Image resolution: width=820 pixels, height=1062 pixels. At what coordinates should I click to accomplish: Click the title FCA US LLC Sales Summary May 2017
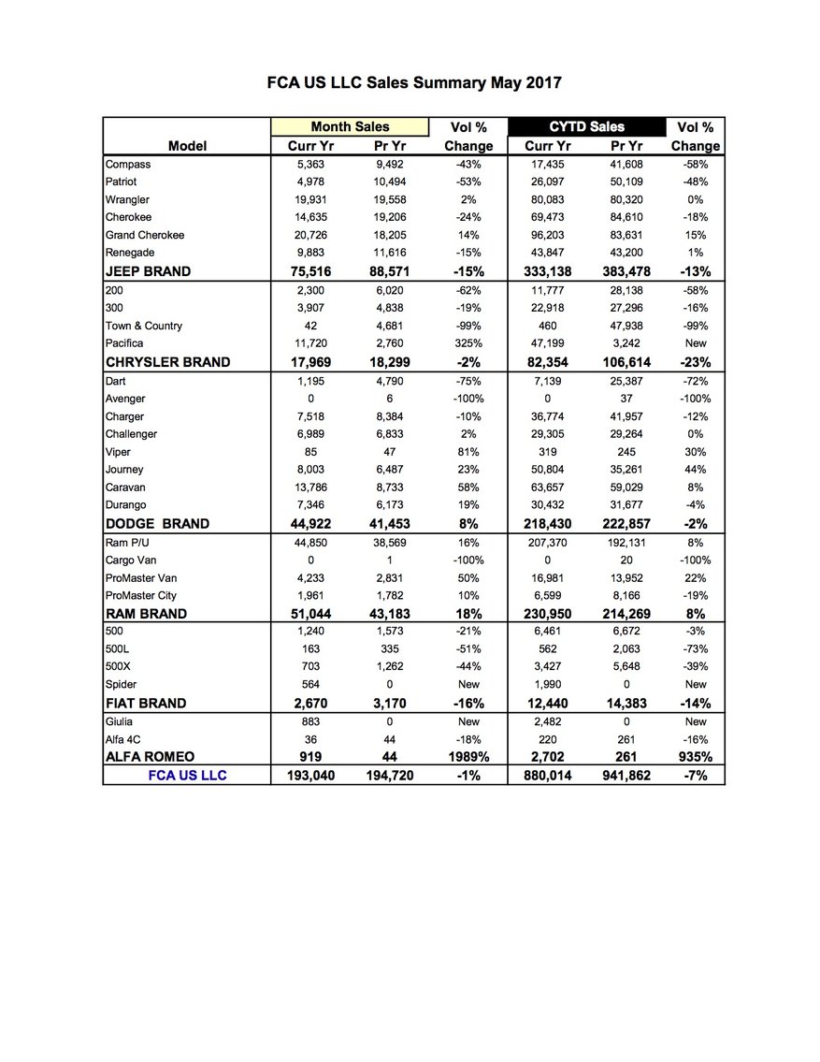(414, 82)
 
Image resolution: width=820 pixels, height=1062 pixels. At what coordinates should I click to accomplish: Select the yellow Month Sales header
(350, 126)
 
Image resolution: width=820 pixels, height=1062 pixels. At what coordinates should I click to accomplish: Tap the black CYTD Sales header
(586, 126)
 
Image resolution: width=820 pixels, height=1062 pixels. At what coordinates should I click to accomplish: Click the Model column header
(187, 146)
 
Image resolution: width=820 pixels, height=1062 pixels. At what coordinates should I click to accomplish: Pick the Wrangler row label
(127, 199)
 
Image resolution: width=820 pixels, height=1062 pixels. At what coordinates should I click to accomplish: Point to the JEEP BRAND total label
(148, 271)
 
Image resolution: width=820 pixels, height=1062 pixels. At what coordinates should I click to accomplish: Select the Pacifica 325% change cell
(468, 343)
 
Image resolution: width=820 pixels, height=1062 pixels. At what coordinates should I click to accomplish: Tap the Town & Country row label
(144, 326)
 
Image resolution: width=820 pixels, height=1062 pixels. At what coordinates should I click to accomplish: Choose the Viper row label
(118, 452)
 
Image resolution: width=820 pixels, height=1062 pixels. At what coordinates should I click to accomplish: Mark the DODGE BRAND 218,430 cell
(547, 524)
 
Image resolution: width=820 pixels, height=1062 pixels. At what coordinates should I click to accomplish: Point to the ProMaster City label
(141, 596)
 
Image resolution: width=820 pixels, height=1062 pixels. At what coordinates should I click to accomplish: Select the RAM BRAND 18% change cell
(468, 614)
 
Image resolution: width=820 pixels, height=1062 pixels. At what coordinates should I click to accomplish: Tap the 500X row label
(119, 667)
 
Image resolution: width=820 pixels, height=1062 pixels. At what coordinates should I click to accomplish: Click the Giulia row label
(120, 721)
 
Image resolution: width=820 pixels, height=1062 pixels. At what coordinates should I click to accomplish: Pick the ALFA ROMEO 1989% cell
(468, 757)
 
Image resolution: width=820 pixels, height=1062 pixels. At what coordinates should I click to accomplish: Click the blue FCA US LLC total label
(187, 776)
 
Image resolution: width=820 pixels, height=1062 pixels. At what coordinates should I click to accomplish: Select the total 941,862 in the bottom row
(626, 776)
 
